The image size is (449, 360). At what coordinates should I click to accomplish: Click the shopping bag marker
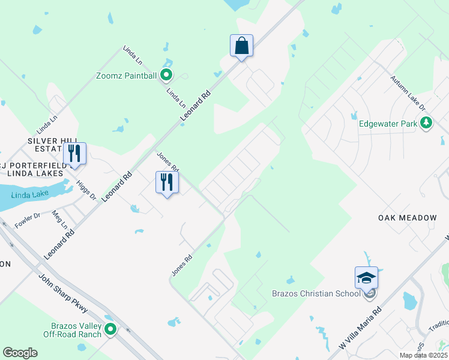coord(241,46)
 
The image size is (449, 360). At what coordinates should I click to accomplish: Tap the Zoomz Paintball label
coord(126,76)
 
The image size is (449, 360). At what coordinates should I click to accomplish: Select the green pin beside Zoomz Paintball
coord(167,75)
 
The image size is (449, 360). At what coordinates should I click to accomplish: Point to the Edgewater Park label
coord(387,124)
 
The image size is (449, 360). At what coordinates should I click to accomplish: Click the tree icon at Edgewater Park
coord(426,124)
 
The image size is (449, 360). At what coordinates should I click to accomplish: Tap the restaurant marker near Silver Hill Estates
coord(74,154)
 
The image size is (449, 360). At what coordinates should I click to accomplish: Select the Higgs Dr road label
coord(88,189)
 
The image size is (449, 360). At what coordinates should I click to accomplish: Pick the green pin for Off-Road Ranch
coord(110,329)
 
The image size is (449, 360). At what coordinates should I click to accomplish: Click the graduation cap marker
coord(366,278)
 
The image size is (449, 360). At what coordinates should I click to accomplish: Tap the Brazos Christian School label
coord(324,293)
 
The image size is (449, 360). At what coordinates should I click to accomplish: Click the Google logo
coord(20,353)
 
